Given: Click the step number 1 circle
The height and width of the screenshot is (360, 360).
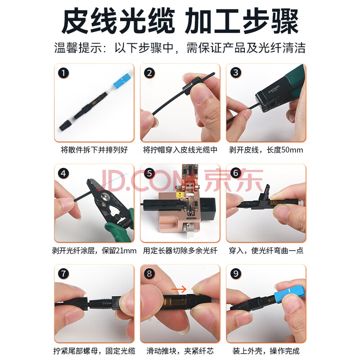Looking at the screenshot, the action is tap(63, 73).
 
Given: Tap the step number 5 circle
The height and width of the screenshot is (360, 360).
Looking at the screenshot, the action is tap(149, 174).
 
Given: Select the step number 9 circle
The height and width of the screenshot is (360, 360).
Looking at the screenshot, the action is tap(236, 274).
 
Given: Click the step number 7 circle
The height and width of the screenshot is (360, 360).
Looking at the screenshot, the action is tap(63, 274).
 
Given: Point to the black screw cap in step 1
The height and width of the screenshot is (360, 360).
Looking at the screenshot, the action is tap(66, 125).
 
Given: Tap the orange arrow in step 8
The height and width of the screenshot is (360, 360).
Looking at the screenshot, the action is tap(179, 289).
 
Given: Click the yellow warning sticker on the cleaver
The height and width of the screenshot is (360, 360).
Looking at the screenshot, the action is tap(179, 195).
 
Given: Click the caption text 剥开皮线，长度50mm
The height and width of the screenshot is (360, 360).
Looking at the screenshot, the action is tap(266, 150).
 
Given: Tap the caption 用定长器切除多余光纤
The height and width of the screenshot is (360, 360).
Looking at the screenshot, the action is tap(180, 251).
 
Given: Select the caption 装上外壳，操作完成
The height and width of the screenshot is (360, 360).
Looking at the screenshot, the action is tap(266, 351).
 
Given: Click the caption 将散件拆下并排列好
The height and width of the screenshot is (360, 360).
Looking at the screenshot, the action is tap(94, 150).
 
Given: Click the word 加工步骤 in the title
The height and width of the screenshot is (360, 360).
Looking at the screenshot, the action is tap(242, 21).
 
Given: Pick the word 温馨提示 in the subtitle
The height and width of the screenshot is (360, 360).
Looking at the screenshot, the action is tap(78, 48).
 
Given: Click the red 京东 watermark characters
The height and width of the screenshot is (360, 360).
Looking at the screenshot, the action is tap(233, 180).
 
